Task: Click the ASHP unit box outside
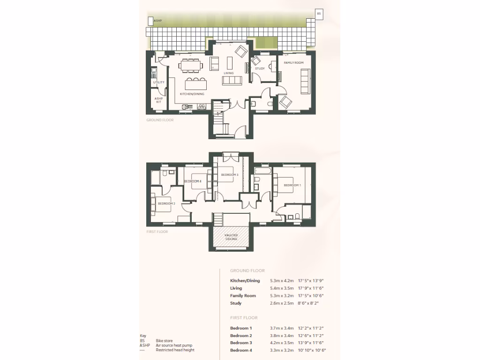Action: (x=150, y=21)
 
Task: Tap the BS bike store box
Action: (x=319, y=15)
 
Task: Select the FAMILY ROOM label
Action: (x=294, y=63)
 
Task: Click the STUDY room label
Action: (x=260, y=69)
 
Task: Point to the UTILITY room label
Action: (x=158, y=82)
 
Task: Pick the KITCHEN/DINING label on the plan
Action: (x=192, y=94)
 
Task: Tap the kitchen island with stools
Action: (x=195, y=84)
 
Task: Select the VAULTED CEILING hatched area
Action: (x=231, y=237)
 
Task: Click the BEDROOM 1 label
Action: (x=292, y=185)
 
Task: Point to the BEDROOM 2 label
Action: (x=166, y=203)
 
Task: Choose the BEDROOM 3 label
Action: (x=230, y=175)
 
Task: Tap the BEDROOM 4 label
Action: (x=192, y=181)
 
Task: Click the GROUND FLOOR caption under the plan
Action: (x=160, y=120)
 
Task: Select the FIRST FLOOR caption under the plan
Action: (x=157, y=232)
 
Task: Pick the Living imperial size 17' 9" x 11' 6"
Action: (x=311, y=288)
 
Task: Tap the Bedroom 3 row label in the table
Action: (x=241, y=343)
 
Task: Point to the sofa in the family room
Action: (x=305, y=80)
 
